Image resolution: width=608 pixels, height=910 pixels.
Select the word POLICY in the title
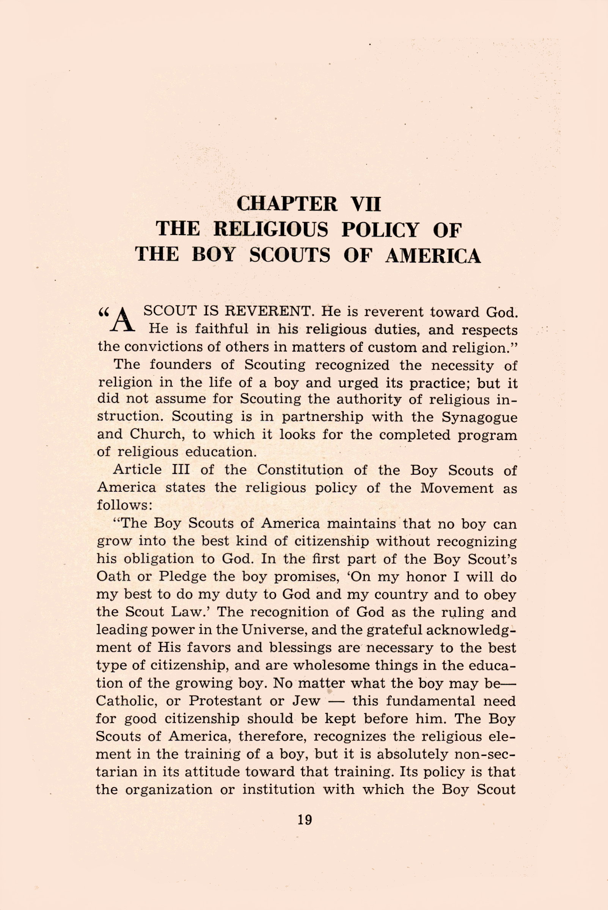(380, 229)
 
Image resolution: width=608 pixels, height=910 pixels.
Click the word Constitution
(300, 470)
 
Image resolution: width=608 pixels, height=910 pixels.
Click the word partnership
(323, 417)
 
